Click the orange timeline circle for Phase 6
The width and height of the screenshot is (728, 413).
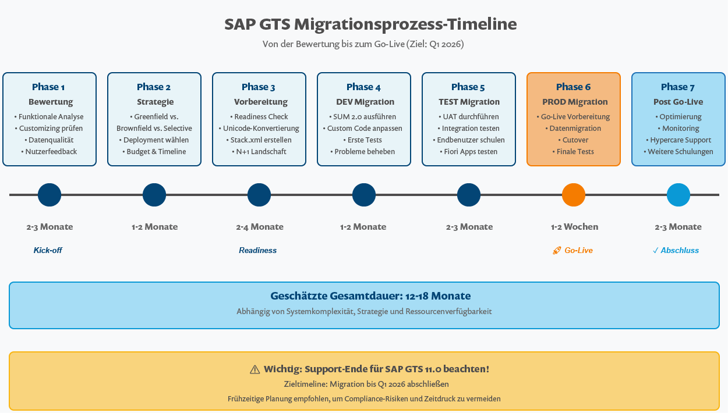click(574, 195)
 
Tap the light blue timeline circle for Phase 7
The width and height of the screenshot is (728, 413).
click(678, 195)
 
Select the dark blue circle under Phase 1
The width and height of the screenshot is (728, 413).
click(50, 195)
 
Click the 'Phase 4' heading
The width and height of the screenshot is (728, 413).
click(363, 87)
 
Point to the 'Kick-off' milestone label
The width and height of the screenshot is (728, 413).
click(48, 250)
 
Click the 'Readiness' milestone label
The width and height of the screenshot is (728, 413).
click(257, 250)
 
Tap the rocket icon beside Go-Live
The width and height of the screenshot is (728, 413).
click(557, 251)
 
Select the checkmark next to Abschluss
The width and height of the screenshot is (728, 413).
click(656, 251)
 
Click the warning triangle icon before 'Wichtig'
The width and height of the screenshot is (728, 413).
click(255, 369)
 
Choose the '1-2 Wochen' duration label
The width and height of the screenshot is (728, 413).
click(574, 227)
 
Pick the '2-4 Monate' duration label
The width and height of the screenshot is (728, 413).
click(260, 227)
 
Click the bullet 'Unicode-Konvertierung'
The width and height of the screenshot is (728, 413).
click(259, 128)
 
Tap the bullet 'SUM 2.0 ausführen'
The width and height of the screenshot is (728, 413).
click(364, 116)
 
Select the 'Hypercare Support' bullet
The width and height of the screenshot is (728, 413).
click(678, 140)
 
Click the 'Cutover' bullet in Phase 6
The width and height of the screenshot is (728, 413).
click(574, 140)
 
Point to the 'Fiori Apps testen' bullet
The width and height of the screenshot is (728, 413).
click(469, 151)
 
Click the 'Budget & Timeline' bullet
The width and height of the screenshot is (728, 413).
click(154, 151)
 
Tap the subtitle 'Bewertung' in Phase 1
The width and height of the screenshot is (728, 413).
click(51, 102)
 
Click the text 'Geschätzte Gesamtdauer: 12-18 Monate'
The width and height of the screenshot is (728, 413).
click(370, 295)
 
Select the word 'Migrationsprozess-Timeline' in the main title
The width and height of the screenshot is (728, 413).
click(405, 24)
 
